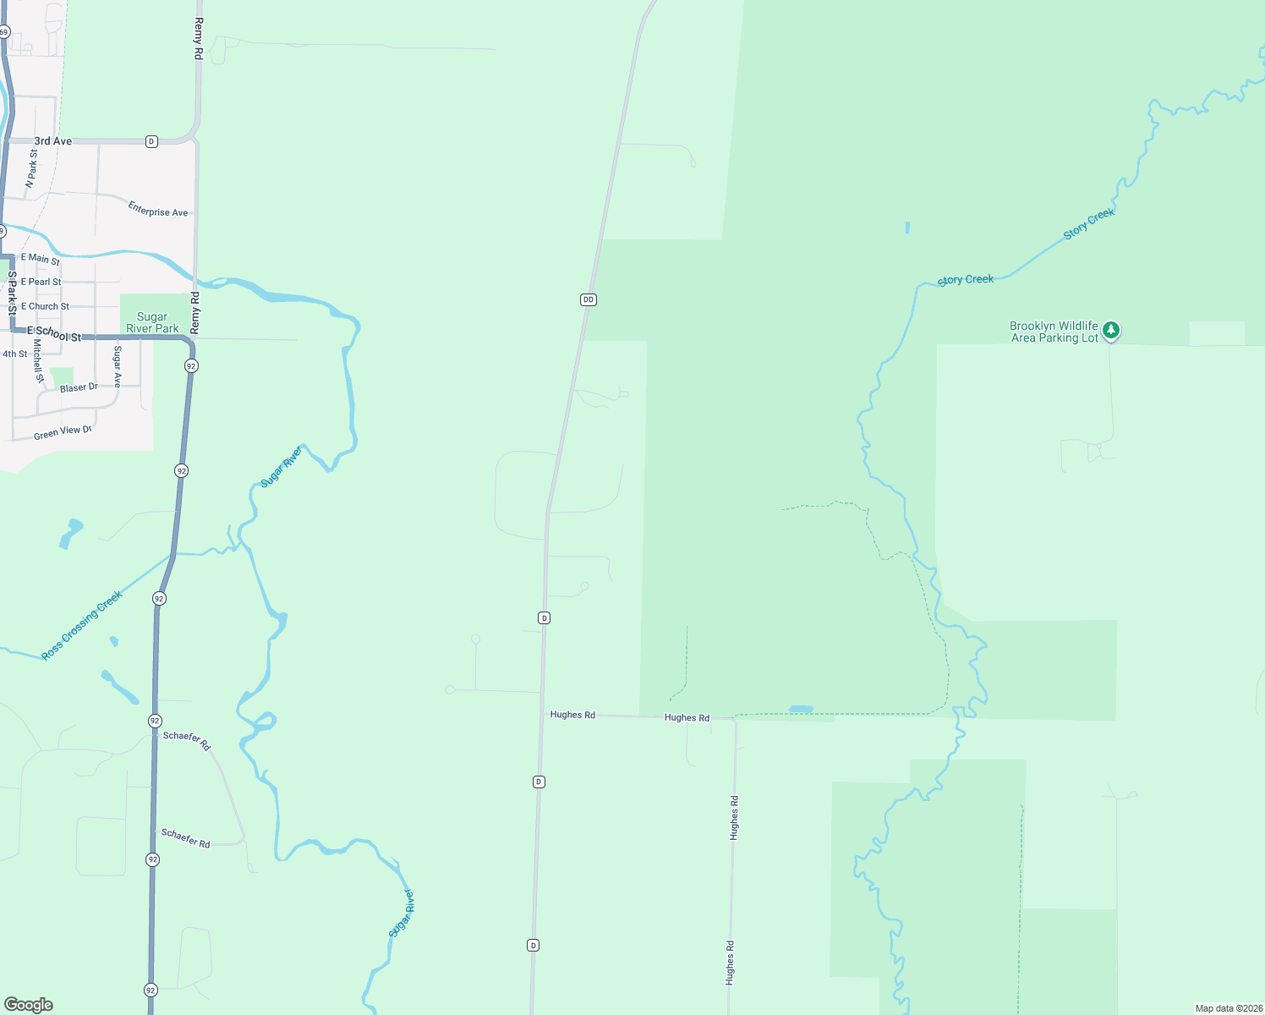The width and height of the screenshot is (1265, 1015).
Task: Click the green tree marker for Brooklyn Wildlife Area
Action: (1111, 330)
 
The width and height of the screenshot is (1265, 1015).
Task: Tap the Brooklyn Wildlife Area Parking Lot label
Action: (1054, 332)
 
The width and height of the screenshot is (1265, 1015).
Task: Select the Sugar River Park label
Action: (152, 322)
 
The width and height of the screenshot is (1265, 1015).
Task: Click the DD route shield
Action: (589, 299)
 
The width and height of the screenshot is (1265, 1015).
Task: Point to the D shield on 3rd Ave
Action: (151, 141)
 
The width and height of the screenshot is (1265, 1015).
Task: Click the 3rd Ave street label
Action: (52, 141)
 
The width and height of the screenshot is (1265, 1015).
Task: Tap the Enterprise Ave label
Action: (158, 209)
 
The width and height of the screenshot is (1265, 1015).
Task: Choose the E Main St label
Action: (40, 259)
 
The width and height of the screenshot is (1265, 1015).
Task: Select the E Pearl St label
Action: (41, 282)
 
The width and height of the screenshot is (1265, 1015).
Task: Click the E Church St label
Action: (45, 306)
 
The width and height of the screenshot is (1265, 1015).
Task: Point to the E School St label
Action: (54, 334)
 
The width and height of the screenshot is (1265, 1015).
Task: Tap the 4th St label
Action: (14, 354)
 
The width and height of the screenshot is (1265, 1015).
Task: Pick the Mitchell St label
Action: (38, 361)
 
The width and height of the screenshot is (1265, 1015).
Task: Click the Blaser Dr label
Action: (79, 387)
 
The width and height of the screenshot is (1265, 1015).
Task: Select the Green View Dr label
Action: (63, 432)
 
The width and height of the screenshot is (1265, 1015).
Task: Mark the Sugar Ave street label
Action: (118, 366)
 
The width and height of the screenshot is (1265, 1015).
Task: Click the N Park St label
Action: (31, 167)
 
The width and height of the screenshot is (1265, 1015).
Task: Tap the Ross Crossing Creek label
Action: (82, 625)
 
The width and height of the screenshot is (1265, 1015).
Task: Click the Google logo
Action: (29, 1005)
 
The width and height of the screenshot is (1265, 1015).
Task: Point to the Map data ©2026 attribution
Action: (1229, 1008)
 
